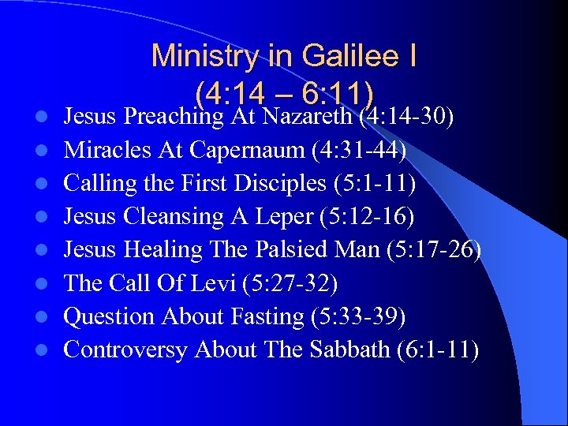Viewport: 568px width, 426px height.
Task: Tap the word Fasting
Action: (266, 316)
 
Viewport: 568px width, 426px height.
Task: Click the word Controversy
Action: (125, 349)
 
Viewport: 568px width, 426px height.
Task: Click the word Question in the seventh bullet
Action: (110, 316)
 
